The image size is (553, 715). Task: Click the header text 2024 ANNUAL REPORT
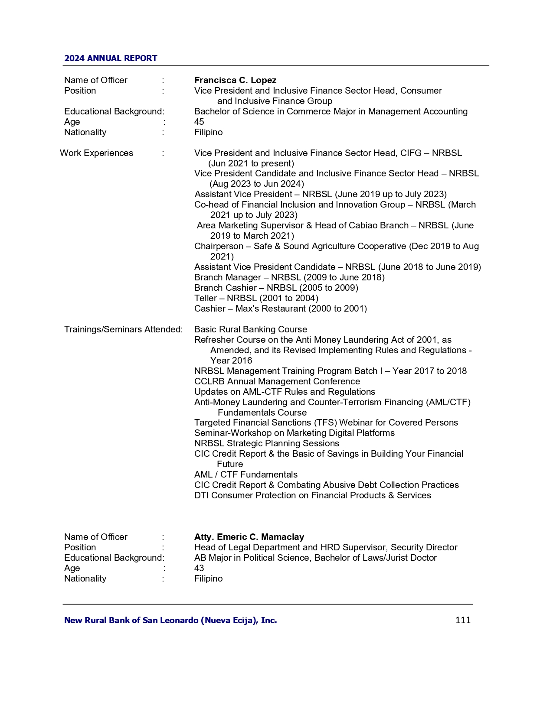111,58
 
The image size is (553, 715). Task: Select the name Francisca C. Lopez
235,80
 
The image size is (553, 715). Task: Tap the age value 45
199,122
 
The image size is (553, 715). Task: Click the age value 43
199,568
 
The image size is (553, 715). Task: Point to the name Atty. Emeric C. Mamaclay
249,537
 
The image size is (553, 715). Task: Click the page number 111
463,620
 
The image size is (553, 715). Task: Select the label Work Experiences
96,153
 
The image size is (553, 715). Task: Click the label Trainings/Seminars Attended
123,329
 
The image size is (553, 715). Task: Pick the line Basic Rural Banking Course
251,329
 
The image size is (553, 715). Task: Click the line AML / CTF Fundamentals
246,474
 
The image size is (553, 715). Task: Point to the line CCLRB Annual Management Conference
277,381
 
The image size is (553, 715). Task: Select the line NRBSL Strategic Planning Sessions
267,443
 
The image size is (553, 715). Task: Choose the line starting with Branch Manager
289,277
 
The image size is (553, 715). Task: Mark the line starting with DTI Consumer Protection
312,495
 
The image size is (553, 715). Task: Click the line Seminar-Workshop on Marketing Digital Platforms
294,433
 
